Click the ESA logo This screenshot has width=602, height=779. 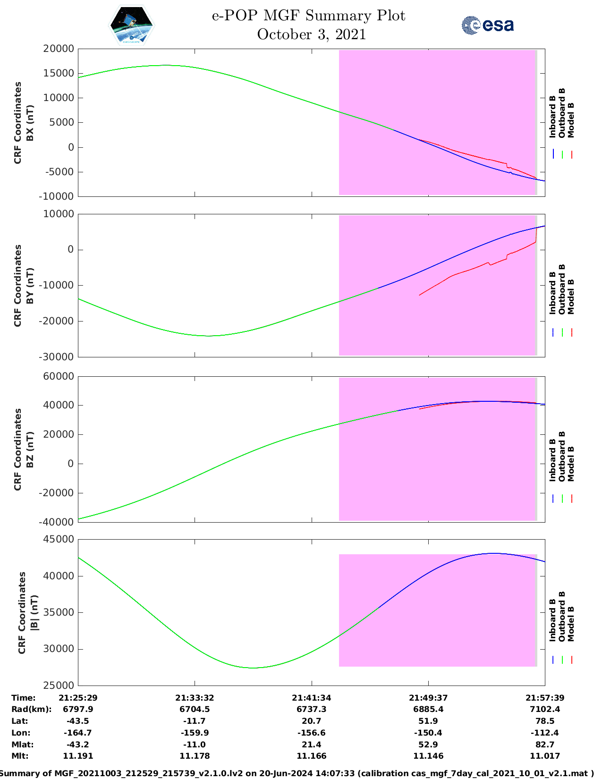487,25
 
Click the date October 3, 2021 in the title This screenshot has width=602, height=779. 311,34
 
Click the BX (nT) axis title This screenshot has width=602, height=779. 30,123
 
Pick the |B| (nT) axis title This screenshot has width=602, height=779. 34,613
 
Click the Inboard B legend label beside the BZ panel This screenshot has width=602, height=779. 552,460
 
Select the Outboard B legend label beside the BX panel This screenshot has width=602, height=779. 562,113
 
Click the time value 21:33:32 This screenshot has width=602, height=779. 195,698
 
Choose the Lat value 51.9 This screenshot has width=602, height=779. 428,721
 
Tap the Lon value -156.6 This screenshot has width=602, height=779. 311,733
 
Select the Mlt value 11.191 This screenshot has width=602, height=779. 78,756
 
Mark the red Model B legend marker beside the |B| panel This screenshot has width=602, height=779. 571,660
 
